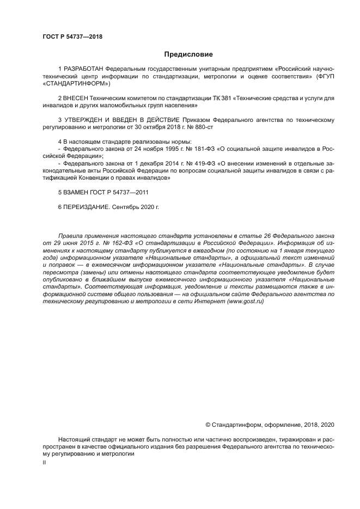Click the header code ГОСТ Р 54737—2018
coord(72,37)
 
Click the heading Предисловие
coord(188,54)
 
